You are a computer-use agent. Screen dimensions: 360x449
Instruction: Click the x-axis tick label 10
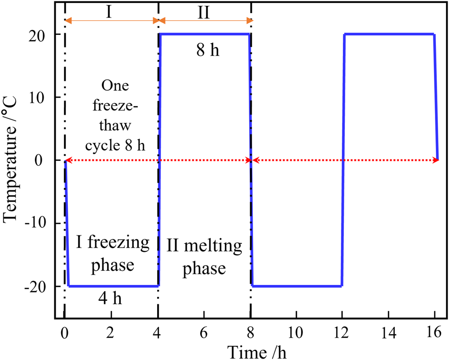click(296, 332)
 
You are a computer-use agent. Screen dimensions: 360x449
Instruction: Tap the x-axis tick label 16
click(436, 332)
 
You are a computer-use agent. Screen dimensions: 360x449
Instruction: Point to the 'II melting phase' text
click(204, 257)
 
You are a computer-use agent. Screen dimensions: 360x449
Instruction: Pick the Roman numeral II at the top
click(204, 11)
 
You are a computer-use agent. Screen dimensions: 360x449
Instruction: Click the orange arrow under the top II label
click(204, 21)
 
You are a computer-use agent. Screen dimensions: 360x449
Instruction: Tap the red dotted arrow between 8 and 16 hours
click(344, 160)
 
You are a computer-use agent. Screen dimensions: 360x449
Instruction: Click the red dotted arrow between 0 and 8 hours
click(158, 160)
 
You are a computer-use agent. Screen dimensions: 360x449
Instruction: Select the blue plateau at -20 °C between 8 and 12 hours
click(297, 286)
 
